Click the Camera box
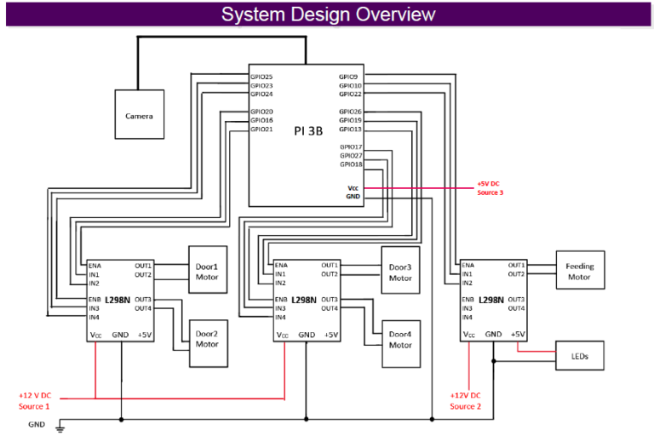[x=139, y=114]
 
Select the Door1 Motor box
[x=207, y=271]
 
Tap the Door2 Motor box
[x=207, y=339]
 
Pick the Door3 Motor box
[x=400, y=272]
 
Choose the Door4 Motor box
[x=400, y=340]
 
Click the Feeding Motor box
[x=580, y=271]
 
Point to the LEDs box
[x=580, y=356]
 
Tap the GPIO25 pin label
[x=261, y=77]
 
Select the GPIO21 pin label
[x=261, y=129]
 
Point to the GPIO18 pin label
[x=351, y=164]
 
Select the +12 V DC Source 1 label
[x=35, y=401]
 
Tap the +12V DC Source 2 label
[x=465, y=401]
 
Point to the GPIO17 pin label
[x=351, y=147]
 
